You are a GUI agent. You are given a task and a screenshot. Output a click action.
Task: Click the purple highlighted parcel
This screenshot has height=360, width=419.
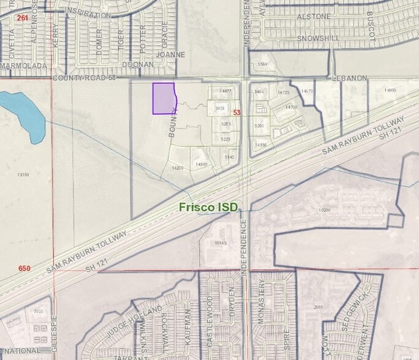pos(164,98)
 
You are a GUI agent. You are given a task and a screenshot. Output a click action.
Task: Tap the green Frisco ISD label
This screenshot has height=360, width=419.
pos(208,208)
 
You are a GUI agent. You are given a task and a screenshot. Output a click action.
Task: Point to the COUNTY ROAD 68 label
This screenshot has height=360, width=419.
pos(85,78)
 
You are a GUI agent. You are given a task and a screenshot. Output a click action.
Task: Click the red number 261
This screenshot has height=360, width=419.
pos(23,17)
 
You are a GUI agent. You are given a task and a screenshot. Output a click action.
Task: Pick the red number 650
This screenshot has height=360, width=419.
pos(25,268)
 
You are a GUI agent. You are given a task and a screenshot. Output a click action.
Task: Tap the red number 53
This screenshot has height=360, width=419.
pos(237,113)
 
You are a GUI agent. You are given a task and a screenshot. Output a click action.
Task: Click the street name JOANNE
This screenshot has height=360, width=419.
pos(171,54)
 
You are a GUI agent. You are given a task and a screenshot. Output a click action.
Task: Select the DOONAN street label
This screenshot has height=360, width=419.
pos(138,64)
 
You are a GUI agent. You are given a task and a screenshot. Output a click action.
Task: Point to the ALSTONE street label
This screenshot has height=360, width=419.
pos(314,17)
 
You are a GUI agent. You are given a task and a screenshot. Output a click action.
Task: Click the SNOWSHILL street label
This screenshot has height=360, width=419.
pos(318,38)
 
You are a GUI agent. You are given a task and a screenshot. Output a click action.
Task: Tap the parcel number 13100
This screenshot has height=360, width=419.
pos(23,174)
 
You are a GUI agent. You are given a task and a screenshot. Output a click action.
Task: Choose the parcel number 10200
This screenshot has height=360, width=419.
pos(324,210)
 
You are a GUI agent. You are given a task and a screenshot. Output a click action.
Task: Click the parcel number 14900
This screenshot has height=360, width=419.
pos(390,91)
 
